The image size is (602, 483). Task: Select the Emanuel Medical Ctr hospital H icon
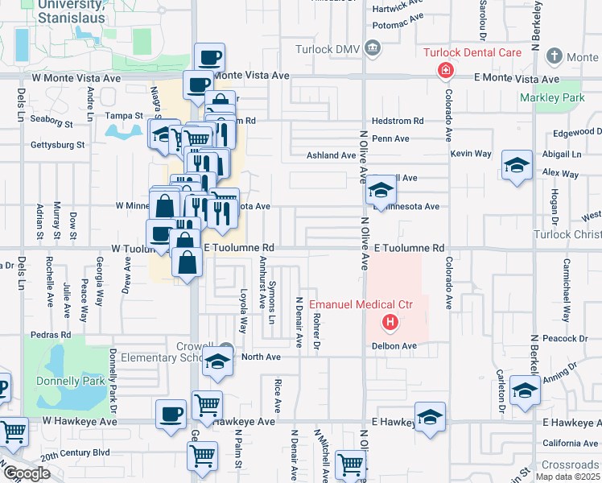[x=390, y=324]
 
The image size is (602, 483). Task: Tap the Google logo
[x=26, y=473]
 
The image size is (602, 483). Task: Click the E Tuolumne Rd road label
[x=409, y=248]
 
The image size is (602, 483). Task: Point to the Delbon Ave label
[x=394, y=345]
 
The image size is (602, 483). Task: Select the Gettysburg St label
[x=57, y=145]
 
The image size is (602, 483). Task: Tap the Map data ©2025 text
[x=567, y=477]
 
